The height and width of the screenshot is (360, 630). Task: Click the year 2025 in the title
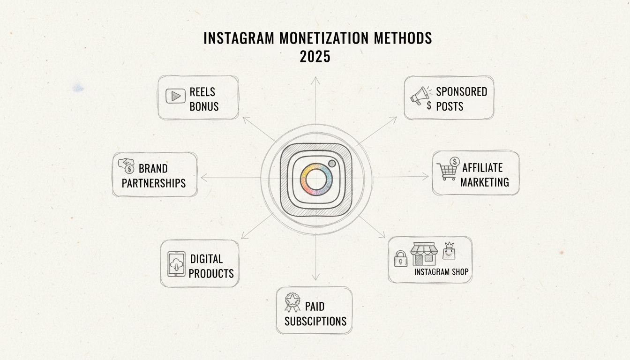click(x=315, y=57)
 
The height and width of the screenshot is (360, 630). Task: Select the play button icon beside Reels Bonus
click(x=175, y=96)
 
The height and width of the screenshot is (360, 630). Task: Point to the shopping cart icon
click(x=447, y=171)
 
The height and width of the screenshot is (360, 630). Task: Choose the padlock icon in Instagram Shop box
click(x=400, y=259)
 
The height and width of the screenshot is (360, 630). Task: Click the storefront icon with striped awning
click(x=424, y=254)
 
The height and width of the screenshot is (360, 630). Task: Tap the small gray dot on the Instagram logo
click(x=332, y=164)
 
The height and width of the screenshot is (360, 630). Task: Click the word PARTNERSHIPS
click(x=154, y=183)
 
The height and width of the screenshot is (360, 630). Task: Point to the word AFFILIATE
click(x=482, y=167)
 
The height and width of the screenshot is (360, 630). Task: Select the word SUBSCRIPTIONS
click(x=315, y=321)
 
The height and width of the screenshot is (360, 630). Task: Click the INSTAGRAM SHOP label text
click(x=441, y=271)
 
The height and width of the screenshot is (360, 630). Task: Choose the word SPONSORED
click(x=461, y=91)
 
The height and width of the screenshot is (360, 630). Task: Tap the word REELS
click(x=202, y=91)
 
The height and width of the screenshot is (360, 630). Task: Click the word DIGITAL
click(x=206, y=258)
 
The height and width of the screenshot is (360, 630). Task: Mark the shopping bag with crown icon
click(x=449, y=252)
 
